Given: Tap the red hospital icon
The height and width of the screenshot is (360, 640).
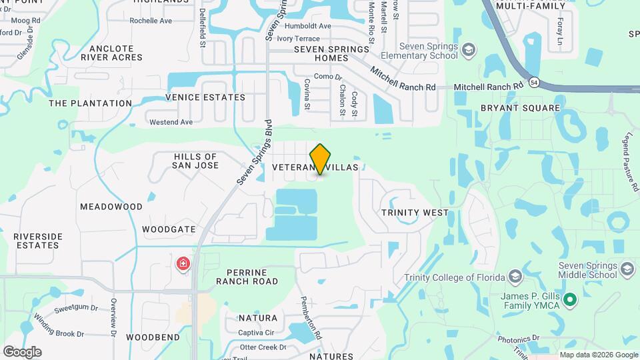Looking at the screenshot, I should (182, 264).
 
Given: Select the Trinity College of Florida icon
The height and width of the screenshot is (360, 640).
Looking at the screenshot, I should (515, 277).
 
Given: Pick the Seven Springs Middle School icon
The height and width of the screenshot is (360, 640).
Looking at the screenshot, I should (626, 269).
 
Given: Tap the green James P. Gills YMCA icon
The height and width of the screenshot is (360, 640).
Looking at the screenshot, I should (569, 299).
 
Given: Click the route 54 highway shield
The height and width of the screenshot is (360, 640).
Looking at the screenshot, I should (534, 83).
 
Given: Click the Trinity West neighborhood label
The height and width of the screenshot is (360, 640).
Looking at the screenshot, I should (415, 213).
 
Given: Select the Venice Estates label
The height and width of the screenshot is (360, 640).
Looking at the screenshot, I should (205, 97).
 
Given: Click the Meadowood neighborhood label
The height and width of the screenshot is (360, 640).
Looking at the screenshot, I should (111, 207).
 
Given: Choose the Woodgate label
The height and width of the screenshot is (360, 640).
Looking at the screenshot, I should (169, 229).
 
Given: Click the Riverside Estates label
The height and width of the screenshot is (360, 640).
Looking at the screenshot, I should (38, 241).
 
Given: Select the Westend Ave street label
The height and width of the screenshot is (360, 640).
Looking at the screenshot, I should (171, 122).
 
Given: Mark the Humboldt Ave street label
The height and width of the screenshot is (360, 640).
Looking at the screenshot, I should (308, 26).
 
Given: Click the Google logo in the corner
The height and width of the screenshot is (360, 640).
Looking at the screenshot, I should (22, 351).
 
